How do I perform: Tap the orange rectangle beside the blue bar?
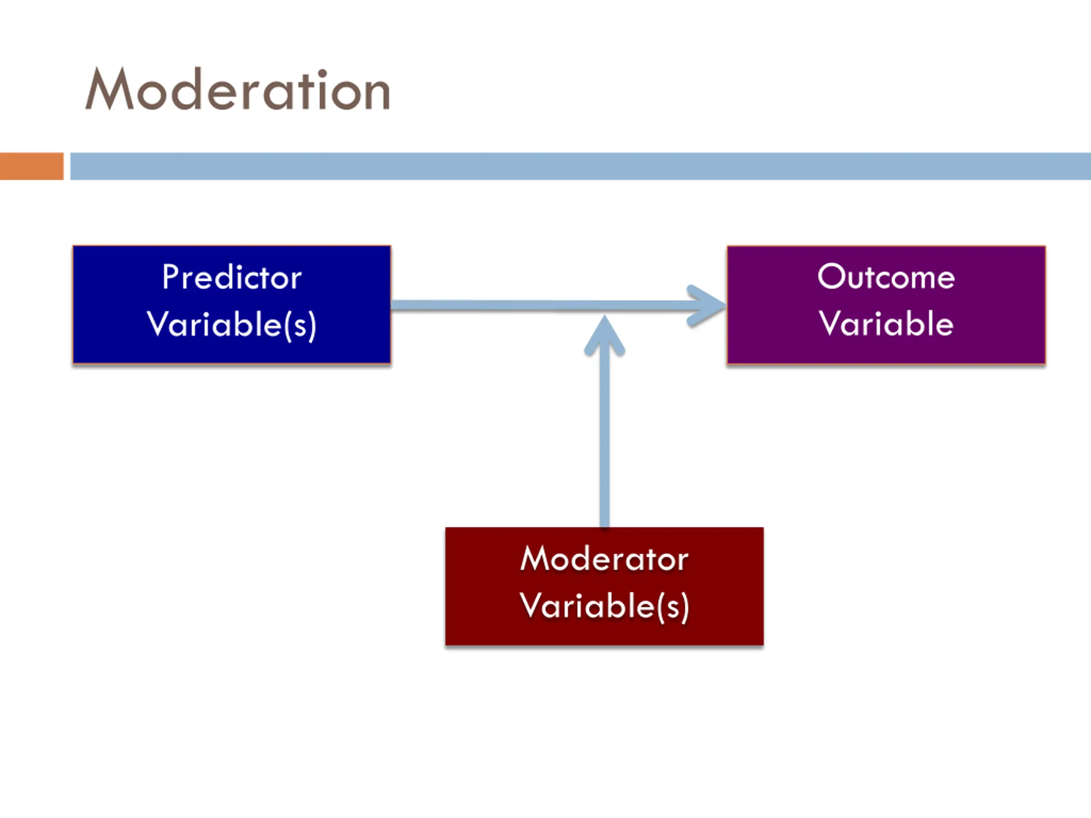coord(32,166)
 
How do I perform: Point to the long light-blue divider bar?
coord(580,166)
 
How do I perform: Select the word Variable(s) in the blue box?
coord(232,325)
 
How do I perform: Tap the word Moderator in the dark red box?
coord(604,559)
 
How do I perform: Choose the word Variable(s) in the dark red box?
coord(604,607)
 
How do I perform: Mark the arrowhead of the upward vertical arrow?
coord(605,335)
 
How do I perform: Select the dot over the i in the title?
coord(322,73)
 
